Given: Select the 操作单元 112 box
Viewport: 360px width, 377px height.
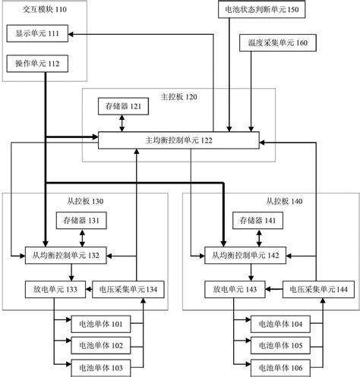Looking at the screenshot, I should [x=37, y=64].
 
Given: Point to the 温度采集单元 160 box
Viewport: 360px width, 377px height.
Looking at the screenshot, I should [x=273, y=43].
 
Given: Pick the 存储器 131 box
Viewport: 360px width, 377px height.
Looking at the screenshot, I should [x=80, y=221].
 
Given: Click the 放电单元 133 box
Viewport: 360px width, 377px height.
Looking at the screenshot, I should [x=50, y=289].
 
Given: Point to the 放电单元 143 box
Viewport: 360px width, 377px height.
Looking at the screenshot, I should [x=231, y=289].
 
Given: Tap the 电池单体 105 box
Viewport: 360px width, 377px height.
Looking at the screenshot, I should [x=279, y=346].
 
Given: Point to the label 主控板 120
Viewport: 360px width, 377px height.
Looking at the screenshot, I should [x=178, y=96].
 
